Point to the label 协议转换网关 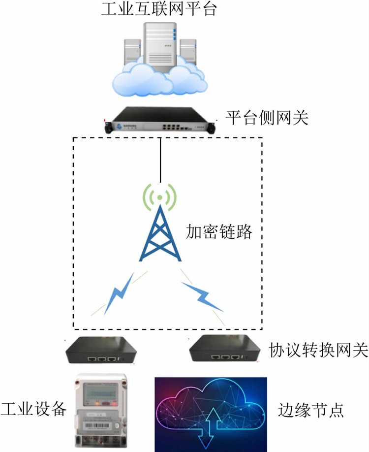click(x=318, y=351)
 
